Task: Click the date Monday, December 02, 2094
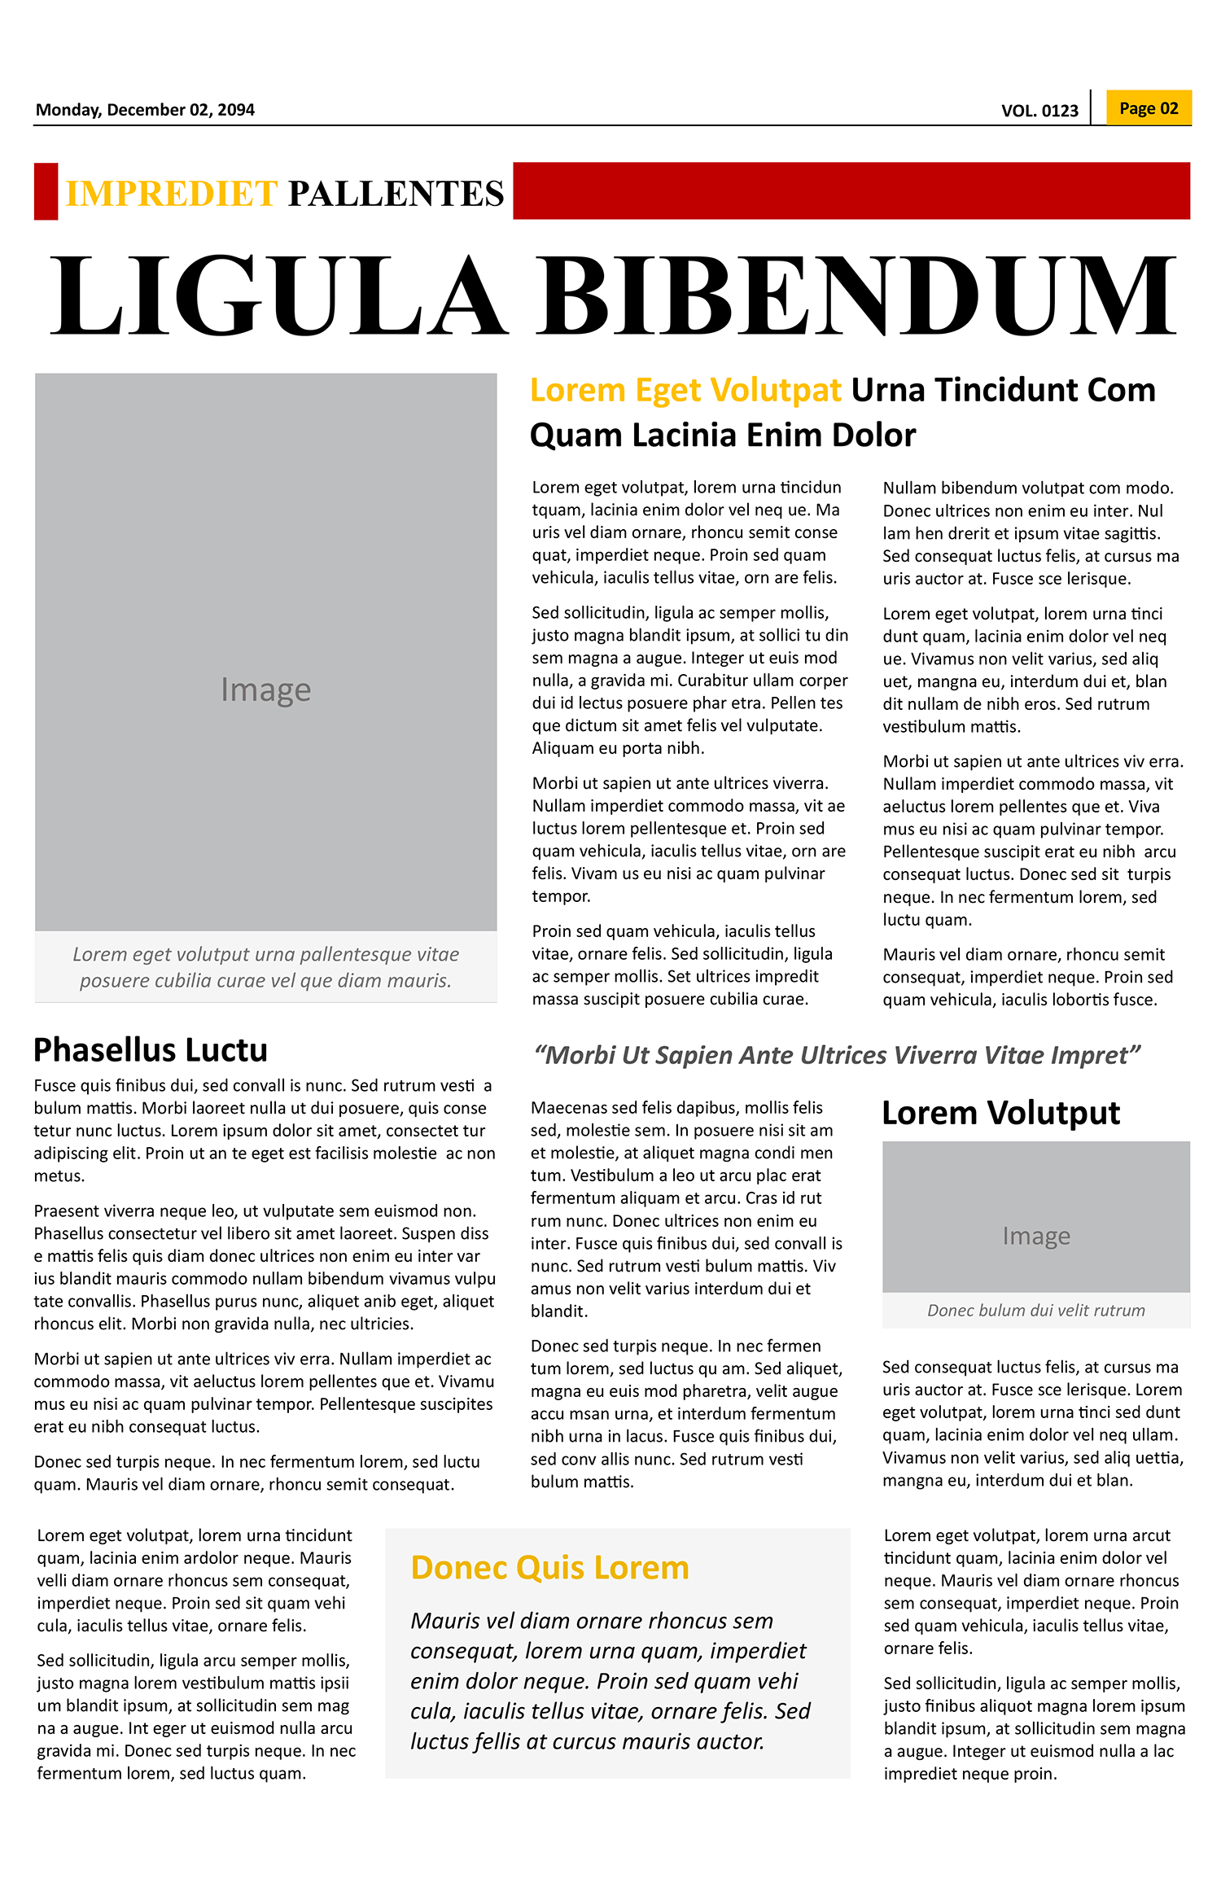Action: coord(145,110)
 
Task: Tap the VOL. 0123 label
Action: coord(1039,111)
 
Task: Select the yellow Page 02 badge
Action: coord(1149,108)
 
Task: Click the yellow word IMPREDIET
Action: coord(172,194)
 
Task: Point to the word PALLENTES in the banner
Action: coord(396,194)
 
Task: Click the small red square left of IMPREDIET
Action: coord(46,191)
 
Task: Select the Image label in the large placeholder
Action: coord(265,690)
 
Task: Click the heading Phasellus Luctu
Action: coord(151,1050)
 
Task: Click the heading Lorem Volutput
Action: coord(1000,1113)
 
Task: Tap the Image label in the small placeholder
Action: coord(1035,1236)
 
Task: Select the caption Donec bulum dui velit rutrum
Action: coord(1035,1311)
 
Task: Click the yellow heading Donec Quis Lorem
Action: coord(549,1568)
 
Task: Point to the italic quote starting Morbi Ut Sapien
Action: coord(837,1056)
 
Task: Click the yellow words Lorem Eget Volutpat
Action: coord(685,391)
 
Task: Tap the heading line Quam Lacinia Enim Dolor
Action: coord(722,436)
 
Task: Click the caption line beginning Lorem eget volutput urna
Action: coord(265,955)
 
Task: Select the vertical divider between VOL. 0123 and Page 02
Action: coord(1091,107)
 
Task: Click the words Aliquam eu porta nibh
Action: coord(618,748)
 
